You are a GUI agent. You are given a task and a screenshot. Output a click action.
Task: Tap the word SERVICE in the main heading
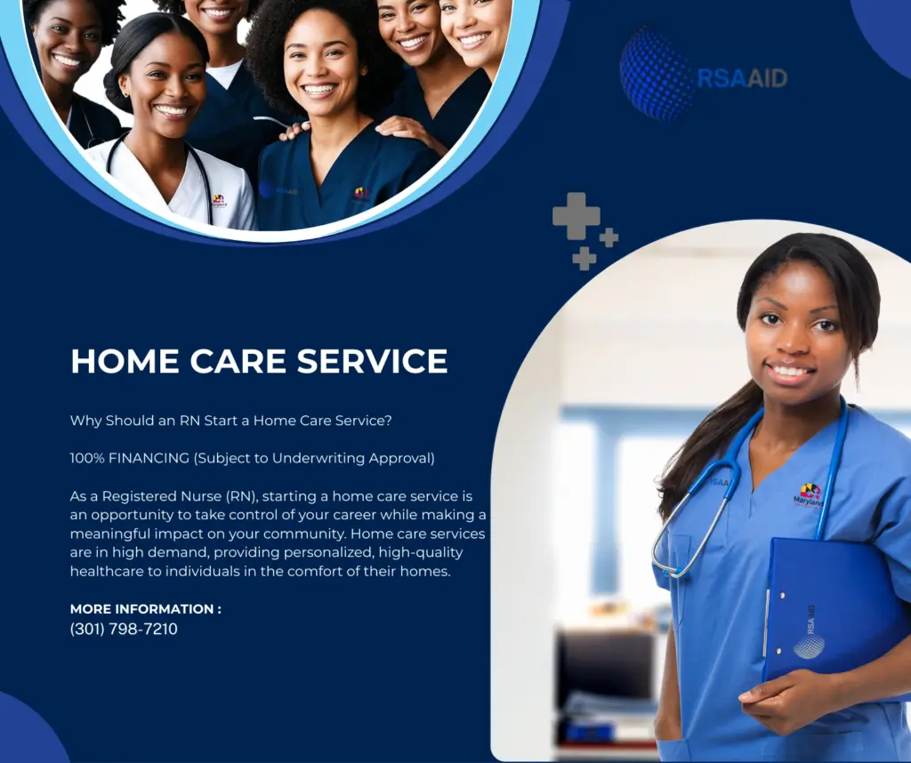pyautogui.click(x=373, y=361)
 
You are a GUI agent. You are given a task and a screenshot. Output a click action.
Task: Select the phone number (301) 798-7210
pyautogui.click(x=124, y=629)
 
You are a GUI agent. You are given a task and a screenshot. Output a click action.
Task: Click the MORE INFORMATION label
pyautogui.click(x=145, y=609)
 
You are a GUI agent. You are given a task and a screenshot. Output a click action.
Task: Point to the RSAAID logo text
pyautogui.click(x=742, y=77)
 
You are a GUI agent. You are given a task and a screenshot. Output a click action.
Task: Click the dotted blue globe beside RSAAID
pyautogui.click(x=657, y=73)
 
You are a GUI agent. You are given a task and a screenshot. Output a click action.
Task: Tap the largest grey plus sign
pyautogui.click(x=576, y=215)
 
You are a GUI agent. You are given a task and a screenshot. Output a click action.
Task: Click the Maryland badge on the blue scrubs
pyautogui.click(x=809, y=495)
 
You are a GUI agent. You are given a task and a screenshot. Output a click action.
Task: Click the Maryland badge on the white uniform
pyautogui.click(x=219, y=202)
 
